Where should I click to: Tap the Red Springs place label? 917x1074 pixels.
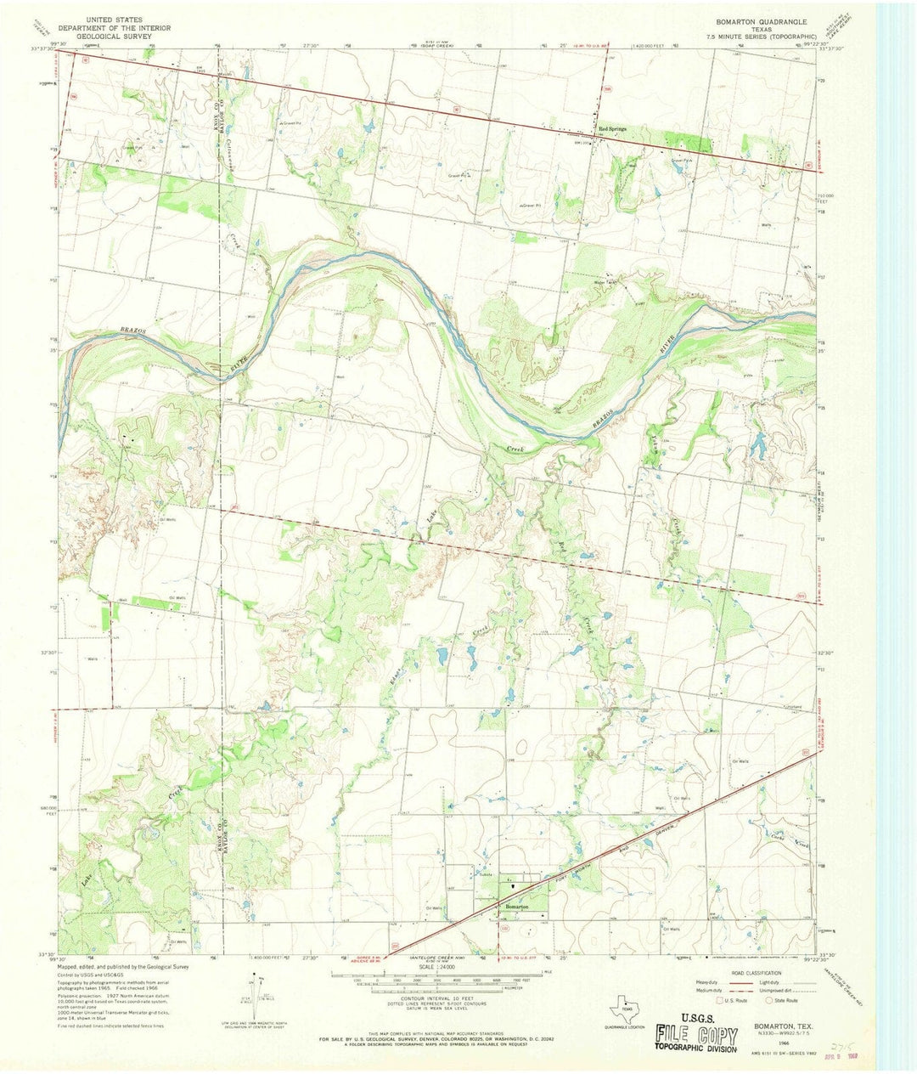click(612, 129)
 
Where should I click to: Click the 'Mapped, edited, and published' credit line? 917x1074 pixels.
click(123, 967)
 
